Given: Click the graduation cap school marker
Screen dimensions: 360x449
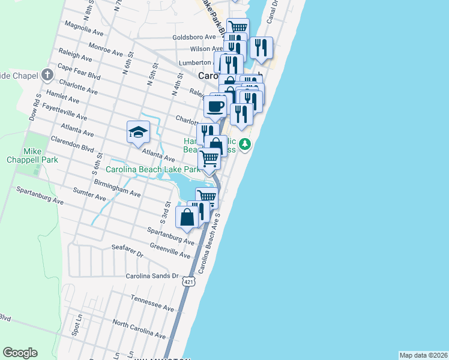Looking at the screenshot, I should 138,132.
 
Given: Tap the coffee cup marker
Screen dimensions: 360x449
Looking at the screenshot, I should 215,107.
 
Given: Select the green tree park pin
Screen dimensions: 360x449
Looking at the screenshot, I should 245,144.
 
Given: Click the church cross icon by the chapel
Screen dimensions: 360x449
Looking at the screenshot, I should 47,76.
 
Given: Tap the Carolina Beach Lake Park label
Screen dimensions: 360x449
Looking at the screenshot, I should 152,170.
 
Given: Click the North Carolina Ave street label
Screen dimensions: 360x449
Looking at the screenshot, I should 138,328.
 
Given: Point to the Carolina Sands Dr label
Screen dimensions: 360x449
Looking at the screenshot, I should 152,276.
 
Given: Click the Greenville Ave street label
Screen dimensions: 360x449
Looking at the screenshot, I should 170,250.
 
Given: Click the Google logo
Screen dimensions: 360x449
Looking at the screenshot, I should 20,353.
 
